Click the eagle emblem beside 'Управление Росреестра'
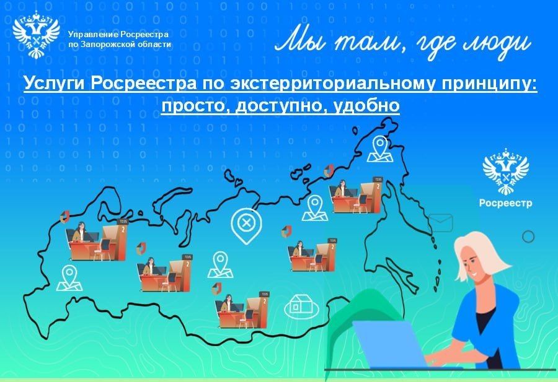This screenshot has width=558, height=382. pos(35,35)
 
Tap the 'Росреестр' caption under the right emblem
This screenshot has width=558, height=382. pos(505,203)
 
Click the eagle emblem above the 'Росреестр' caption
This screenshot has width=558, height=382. pos(505,171)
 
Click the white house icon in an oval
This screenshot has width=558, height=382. pos(301,306)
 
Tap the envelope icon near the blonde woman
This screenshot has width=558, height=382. pos(441,222)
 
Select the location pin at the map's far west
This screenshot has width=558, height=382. pos(69,278)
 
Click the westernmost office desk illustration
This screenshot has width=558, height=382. pos(96,240)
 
